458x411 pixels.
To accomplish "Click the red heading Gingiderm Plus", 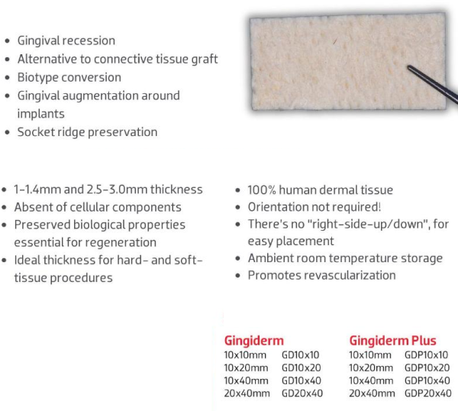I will tap(392, 340).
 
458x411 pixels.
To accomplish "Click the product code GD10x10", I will tap(300, 354).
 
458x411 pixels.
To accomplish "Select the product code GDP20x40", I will tap(427, 393).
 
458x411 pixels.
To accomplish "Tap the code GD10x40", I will tap(300, 380).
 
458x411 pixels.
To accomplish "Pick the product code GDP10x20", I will tap(427, 367).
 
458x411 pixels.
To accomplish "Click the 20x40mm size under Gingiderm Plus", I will tap(372, 393).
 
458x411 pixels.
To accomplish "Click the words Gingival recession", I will tap(66, 40).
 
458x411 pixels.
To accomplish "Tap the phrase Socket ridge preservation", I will tap(87, 132).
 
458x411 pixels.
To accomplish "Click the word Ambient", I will tap(272, 258).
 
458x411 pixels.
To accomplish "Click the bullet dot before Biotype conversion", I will tap(8, 78).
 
